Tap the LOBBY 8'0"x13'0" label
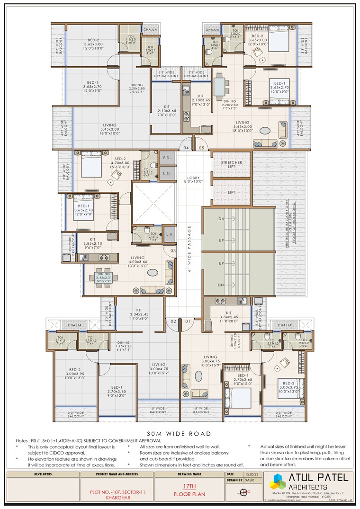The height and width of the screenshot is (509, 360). (x=194, y=179)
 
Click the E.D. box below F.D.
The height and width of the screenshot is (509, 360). (x=167, y=173)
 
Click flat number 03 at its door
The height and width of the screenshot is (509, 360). (x=173, y=250)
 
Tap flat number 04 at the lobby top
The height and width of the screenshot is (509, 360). (x=186, y=148)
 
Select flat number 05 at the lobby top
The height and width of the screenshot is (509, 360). (x=201, y=148)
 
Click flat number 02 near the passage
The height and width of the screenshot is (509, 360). (x=173, y=321)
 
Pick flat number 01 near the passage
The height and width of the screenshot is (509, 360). (x=187, y=321)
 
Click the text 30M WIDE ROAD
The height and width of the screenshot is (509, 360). (x=179, y=433)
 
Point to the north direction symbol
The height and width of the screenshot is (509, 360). (x=244, y=492)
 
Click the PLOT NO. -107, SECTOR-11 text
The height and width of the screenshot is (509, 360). (x=118, y=492)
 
